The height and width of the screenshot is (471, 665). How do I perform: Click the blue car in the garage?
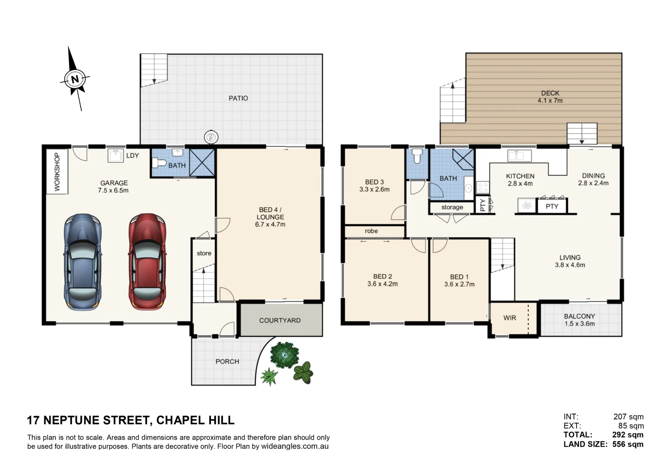click(83, 262)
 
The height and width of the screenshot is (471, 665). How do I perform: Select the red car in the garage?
click(147, 262)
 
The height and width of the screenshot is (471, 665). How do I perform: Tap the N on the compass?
click(75, 79)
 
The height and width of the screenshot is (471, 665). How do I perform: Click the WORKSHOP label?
click(57, 172)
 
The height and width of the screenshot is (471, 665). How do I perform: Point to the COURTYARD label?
click(280, 321)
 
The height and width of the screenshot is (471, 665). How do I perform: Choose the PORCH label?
click(227, 362)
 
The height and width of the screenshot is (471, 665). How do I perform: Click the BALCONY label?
click(579, 317)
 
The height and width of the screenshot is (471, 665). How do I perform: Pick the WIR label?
click(510, 318)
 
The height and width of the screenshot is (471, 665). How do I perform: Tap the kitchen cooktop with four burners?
click(483, 188)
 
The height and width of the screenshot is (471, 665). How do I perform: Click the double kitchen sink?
click(519, 155)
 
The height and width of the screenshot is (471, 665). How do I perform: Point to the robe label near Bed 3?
click(371, 231)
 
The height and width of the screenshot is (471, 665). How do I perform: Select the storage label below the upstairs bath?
click(452, 207)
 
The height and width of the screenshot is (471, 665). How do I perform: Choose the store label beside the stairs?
click(204, 253)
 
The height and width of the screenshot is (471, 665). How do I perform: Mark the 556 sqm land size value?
click(628, 444)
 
